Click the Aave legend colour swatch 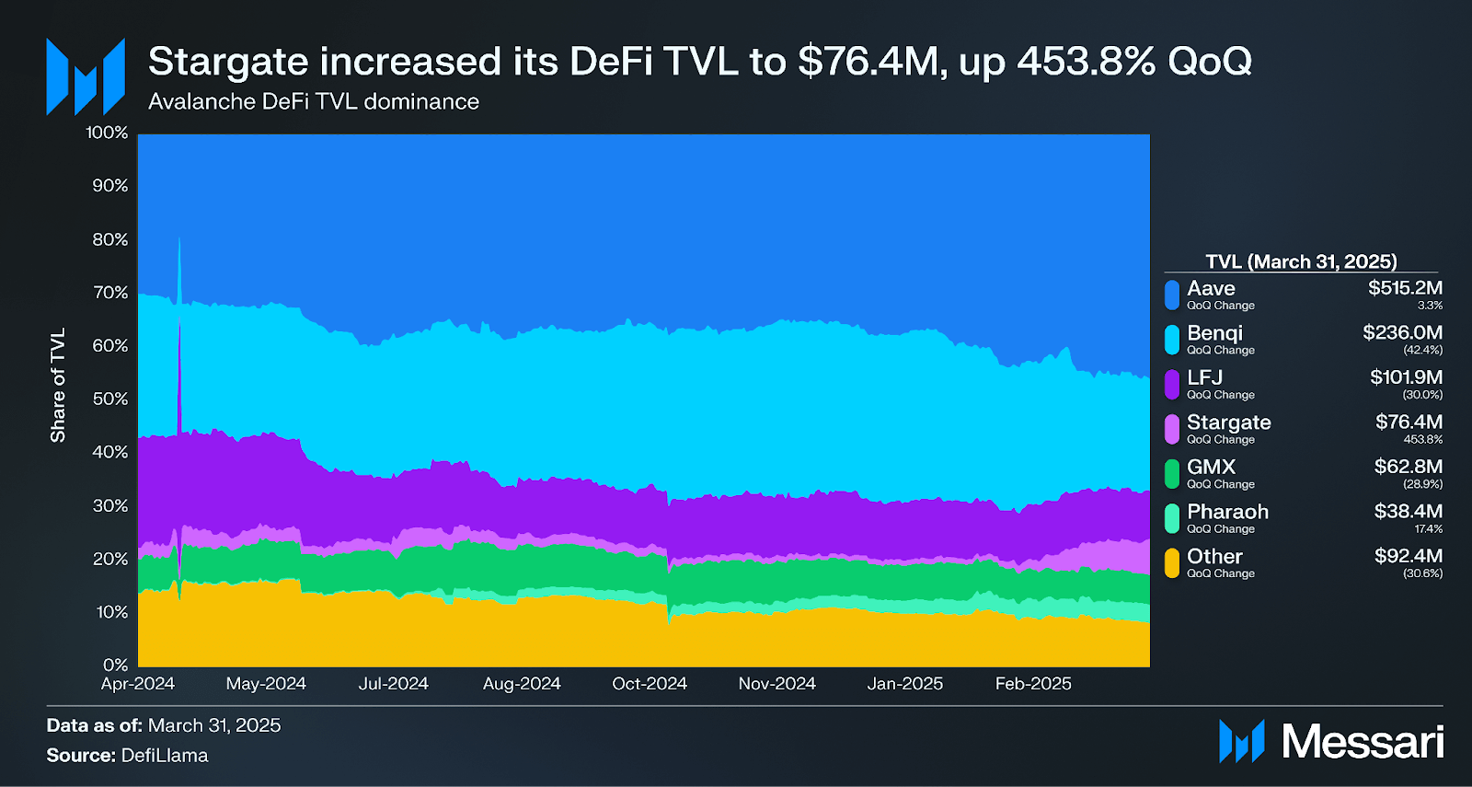pos(1171,295)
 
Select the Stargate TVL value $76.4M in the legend pos(1409,422)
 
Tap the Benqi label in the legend pos(1214,332)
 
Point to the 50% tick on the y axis pos(110,399)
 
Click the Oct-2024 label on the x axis pos(650,684)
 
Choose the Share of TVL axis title pos(58,385)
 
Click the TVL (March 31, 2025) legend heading pos(1301,261)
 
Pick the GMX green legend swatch pos(1171,473)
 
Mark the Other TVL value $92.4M pos(1408,556)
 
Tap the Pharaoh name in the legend pos(1227,512)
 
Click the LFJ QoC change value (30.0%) pos(1422,395)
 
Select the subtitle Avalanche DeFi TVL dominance pos(314,101)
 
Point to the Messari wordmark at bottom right pos(1363,742)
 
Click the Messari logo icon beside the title pos(86,76)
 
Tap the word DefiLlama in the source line pos(165,756)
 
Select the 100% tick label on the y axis pos(107,133)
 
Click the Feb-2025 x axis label pos(1033,684)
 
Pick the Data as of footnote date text pos(214,725)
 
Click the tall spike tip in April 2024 pos(179,238)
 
